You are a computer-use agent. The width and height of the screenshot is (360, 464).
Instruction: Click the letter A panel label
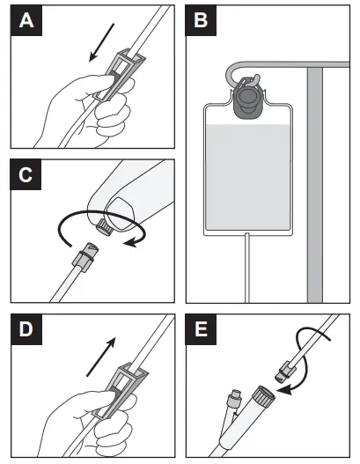[x=26, y=21]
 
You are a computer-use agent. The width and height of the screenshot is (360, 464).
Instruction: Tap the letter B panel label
[x=201, y=21]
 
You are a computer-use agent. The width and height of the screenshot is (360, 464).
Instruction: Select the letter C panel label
[x=26, y=175]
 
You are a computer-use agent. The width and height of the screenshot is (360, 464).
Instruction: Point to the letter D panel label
[x=26, y=329]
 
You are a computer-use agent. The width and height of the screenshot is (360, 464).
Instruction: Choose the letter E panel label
[x=201, y=329]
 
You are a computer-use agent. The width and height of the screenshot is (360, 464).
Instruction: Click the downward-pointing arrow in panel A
[x=101, y=43]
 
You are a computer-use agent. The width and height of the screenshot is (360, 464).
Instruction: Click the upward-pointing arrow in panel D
[x=101, y=357]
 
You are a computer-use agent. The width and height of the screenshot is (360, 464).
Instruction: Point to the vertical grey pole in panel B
[x=315, y=185]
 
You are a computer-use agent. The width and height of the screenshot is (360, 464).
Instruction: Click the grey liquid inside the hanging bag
[x=248, y=176]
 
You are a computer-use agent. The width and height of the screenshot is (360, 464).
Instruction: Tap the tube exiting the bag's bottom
[x=247, y=268]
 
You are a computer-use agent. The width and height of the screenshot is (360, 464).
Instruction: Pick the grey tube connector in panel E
[x=286, y=371]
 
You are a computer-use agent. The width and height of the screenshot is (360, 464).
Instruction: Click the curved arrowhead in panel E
[x=285, y=390]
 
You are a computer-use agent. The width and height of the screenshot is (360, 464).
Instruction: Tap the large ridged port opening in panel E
[x=263, y=395]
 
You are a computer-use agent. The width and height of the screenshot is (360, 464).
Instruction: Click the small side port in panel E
[x=234, y=398]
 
